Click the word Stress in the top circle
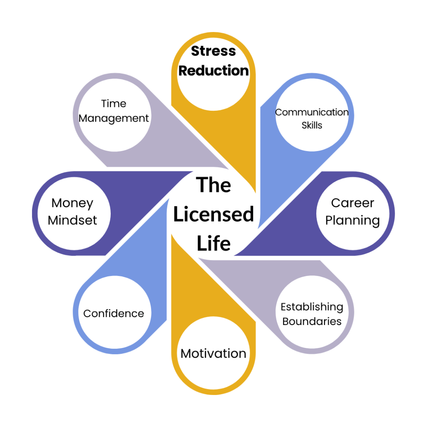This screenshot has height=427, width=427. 213,52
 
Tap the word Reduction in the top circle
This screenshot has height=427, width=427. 213,70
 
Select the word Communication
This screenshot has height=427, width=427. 312,112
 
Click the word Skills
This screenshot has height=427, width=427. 312,125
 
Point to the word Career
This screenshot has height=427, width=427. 353,203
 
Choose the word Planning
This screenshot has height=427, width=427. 353,220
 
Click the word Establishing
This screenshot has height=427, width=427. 312,307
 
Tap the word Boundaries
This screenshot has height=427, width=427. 312,321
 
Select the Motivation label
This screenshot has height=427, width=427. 213,353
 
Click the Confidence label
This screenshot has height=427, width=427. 114,313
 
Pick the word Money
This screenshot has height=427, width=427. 72,203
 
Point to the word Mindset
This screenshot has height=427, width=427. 72,220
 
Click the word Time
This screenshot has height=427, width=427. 114,104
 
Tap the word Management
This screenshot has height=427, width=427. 114,118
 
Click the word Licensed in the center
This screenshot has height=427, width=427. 213,215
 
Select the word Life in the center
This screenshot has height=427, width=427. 213,243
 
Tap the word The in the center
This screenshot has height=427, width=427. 213,185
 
